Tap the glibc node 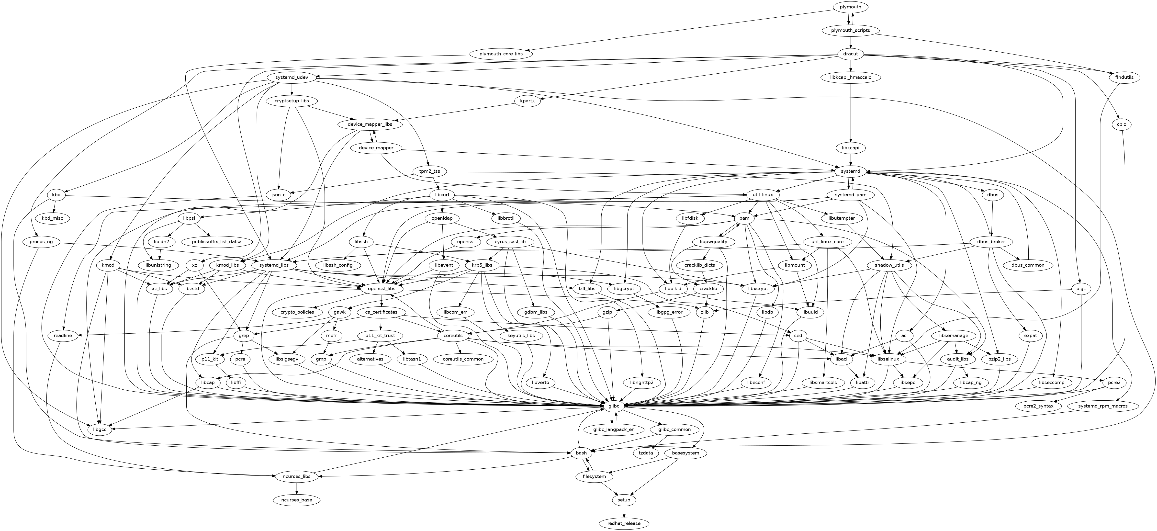click(614, 406)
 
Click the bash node click(581, 453)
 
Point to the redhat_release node click(624, 523)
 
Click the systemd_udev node click(292, 77)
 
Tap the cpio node click(1121, 124)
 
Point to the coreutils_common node click(463, 359)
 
